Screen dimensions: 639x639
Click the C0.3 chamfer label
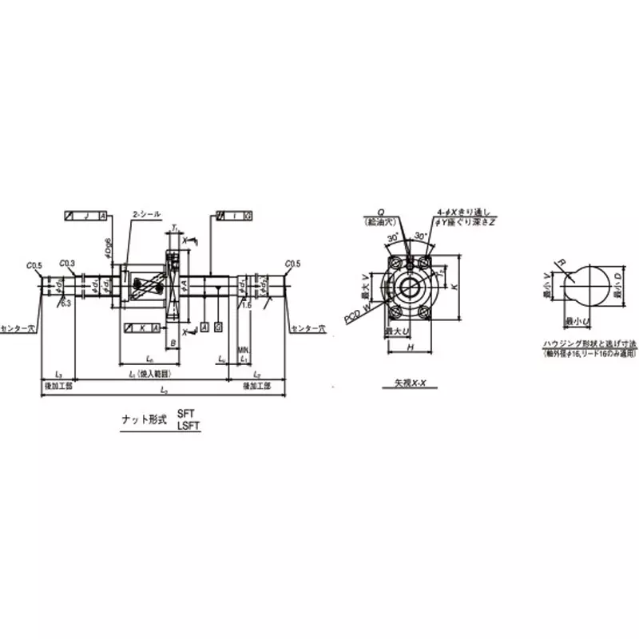pos(68,263)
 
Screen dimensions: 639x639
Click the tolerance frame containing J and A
pos(85,216)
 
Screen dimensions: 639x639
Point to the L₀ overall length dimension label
pos(164,390)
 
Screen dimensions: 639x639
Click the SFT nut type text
pos(185,414)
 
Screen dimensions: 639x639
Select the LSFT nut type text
pos(188,427)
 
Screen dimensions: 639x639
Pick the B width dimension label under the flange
pos(173,343)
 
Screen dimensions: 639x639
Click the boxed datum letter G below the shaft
pos(218,327)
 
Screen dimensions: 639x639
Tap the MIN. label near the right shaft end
pos(243,349)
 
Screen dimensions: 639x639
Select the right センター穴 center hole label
pos(308,327)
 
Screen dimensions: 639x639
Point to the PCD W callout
pos(356,315)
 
